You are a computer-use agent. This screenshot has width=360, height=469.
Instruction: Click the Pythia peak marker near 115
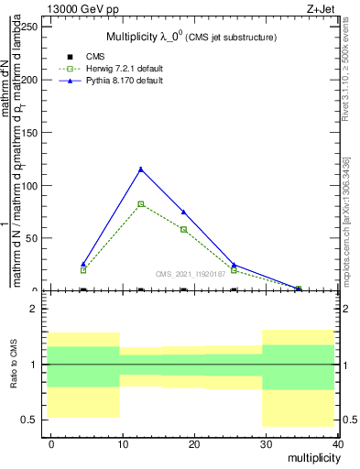pos(140,169)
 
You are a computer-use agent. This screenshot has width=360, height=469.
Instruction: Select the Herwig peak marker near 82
pos(140,203)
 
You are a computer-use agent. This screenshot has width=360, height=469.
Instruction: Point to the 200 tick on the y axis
pos(46,80)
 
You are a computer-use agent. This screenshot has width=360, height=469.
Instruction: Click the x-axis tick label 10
pos(123,443)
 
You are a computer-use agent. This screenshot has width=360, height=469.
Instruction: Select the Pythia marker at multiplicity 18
pos(183,212)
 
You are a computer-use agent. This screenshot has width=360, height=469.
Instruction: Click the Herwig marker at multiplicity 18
pos(183,229)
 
